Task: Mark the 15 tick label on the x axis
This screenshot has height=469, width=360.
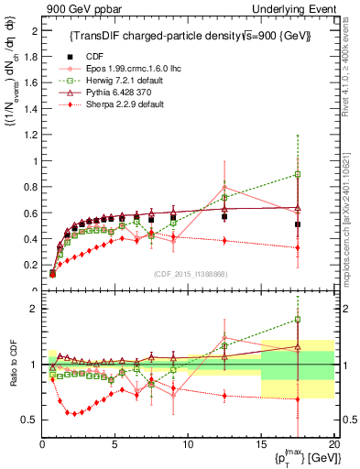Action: point(260,444)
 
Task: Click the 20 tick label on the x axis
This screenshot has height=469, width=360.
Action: point(333,444)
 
